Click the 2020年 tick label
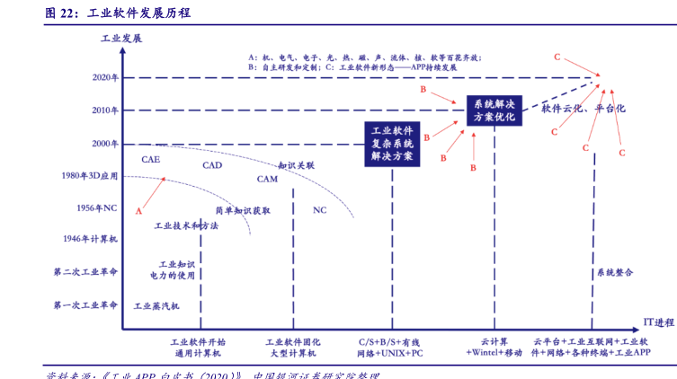tap(105, 77)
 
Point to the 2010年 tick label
tap(105, 110)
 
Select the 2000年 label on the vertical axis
tap(105, 144)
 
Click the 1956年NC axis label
tap(97, 207)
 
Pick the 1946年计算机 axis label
tap(90, 240)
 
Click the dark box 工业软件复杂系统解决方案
tap(392, 143)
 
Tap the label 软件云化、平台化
tap(583, 109)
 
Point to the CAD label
tap(212, 165)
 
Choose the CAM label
tap(267, 179)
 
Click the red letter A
tap(138, 211)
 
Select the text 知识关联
tap(296, 166)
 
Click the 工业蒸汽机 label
tap(156, 306)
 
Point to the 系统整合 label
tap(615, 272)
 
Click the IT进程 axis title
tap(658, 321)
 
